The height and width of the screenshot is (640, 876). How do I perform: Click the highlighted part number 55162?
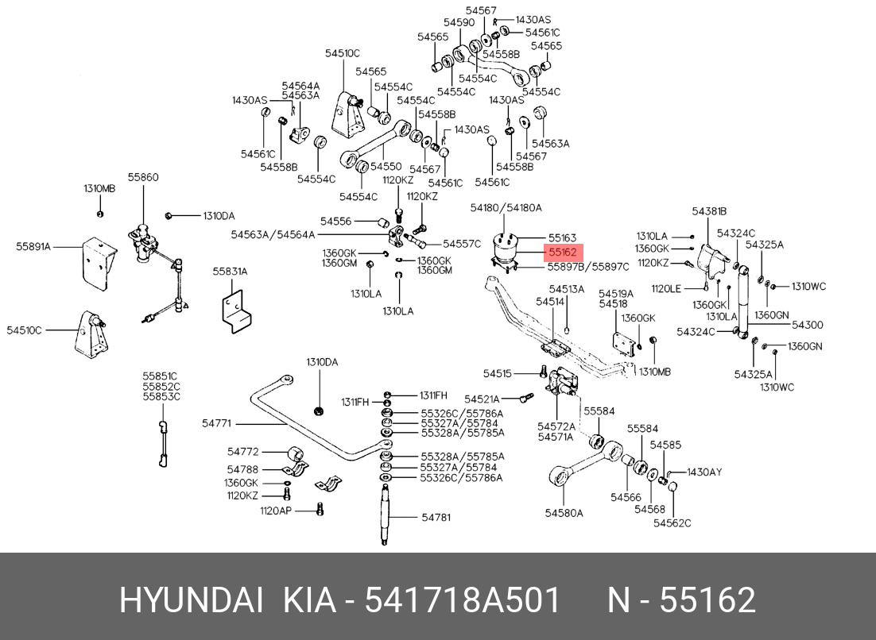point(563,252)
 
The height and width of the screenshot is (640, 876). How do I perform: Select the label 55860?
point(144,177)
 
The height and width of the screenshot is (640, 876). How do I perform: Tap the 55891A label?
point(33,247)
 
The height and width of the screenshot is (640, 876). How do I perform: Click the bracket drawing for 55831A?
point(235,310)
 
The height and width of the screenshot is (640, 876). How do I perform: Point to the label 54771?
point(216,423)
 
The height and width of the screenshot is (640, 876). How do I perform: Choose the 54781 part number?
point(436,517)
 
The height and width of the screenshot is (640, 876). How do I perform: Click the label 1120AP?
point(277,510)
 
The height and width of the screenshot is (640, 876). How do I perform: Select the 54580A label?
point(564,513)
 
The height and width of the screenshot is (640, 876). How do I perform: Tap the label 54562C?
point(673,522)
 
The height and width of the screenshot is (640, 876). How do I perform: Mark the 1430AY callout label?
point(704,472)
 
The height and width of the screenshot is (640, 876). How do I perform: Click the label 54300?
point(807,325)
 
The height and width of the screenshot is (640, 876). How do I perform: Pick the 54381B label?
point(709,211)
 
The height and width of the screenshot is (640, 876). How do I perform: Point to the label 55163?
point(562,237)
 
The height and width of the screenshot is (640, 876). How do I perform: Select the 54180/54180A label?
point(506,207)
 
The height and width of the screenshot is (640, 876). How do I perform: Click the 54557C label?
point(462,243)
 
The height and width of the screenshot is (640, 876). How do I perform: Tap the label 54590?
point(459,23)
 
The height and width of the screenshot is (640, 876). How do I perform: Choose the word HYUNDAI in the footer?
point(190,601)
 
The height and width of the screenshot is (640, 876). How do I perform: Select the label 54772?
point(243,452)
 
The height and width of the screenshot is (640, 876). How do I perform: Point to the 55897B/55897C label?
point(588,267)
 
